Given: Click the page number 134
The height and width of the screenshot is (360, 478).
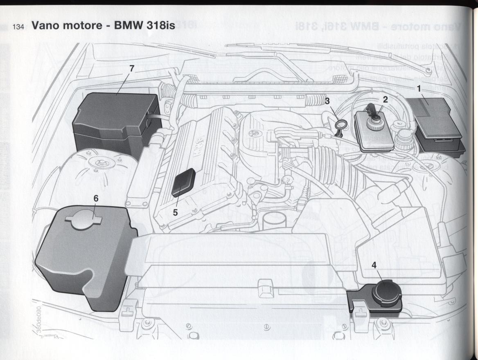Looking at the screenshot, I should click(19, 27).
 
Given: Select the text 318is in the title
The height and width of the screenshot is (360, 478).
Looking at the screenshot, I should click(160, 26).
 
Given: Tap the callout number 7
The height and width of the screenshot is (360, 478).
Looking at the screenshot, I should click(131, 69).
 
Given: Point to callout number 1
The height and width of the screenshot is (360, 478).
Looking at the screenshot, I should click(419, 88).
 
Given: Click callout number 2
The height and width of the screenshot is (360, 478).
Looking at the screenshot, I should click(385, 99).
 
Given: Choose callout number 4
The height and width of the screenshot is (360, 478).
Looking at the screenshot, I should click(374, 265).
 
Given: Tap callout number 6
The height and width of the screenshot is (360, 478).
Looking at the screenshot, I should click(95, 198).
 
